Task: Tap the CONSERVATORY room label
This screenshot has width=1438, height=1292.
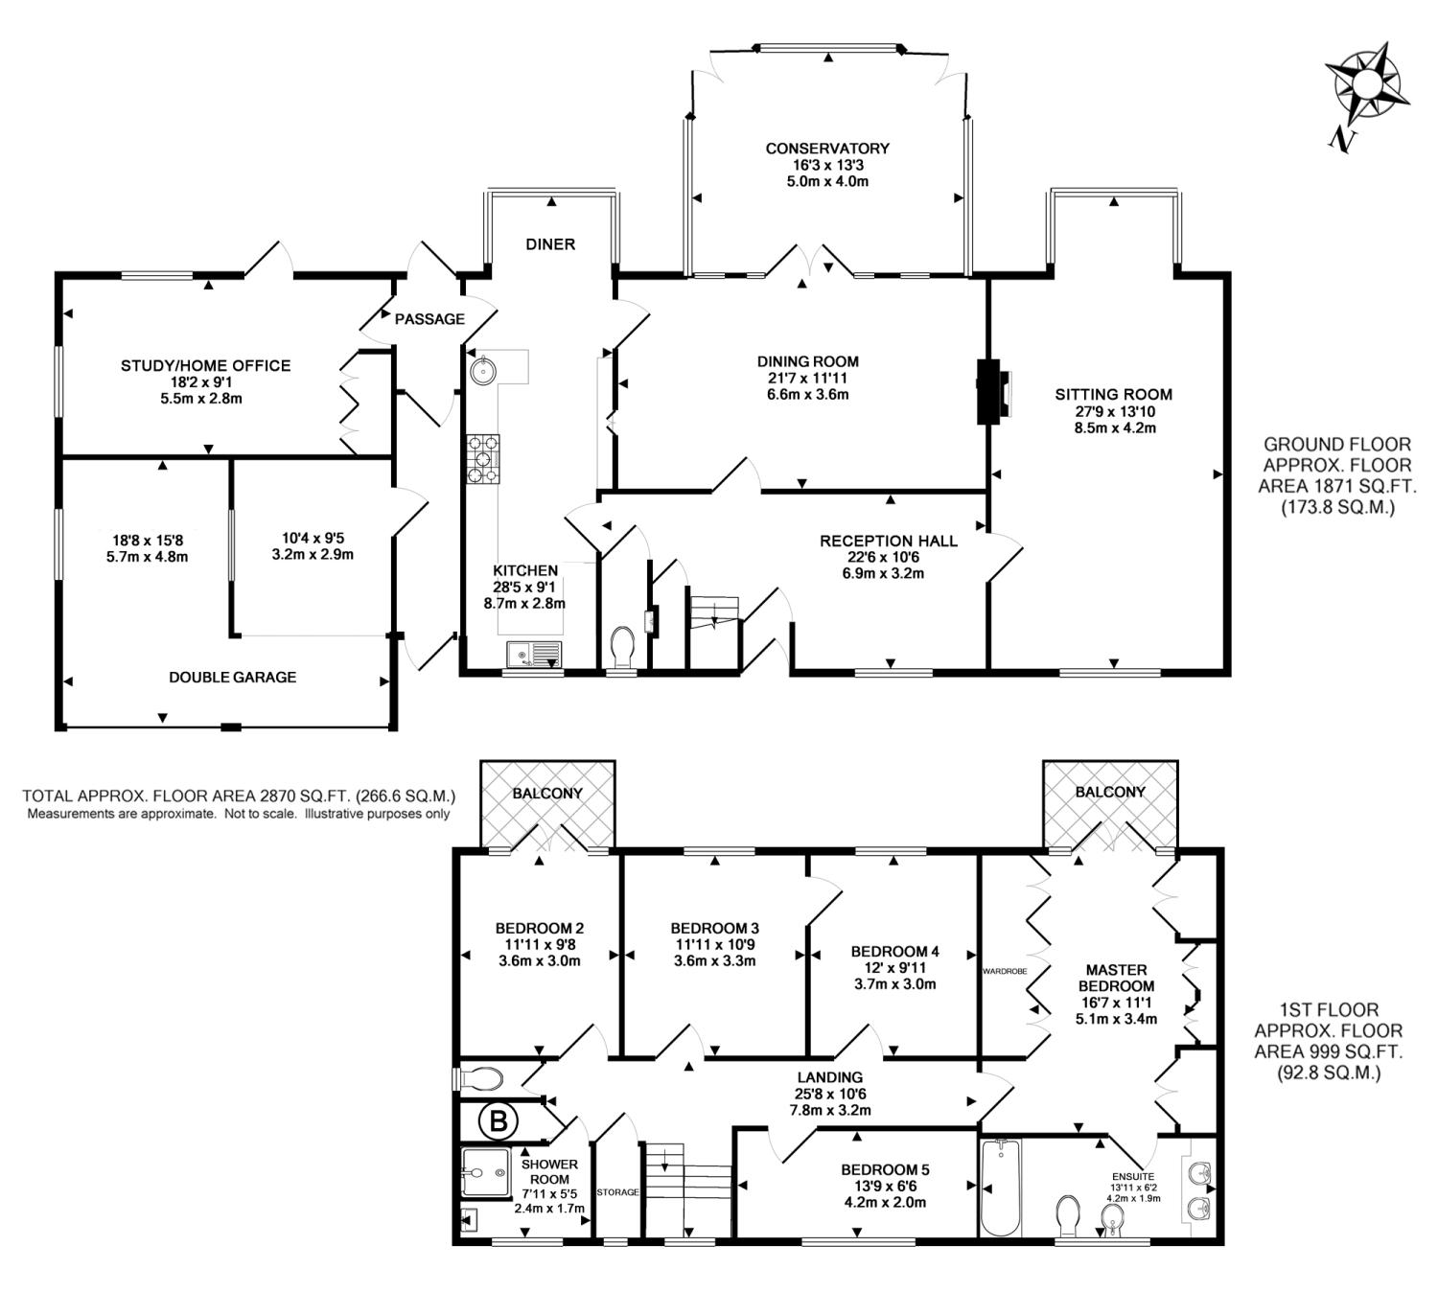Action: [827, 149]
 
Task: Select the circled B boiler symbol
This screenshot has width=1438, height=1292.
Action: [499, 1119]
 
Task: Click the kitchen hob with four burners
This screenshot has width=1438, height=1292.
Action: [483, 459]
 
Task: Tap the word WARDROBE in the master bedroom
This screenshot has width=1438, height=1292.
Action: [1005, 971]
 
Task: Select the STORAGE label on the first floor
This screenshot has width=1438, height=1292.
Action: [617, 1191]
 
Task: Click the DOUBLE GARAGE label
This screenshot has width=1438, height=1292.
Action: [232, 677]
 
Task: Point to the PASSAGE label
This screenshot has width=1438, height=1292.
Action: [429, 319]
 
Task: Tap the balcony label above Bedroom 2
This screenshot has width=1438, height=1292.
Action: [547, 793]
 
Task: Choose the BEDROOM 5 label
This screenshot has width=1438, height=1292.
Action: [885, 1170]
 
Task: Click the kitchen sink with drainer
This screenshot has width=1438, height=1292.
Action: [534, 654]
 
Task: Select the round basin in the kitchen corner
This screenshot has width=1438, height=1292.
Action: [483, 370]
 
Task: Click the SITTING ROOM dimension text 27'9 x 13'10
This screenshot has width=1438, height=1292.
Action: [1114, 411]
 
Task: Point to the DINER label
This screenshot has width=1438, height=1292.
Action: [550, 244]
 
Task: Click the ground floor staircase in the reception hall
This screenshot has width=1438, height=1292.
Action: [713, 629]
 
